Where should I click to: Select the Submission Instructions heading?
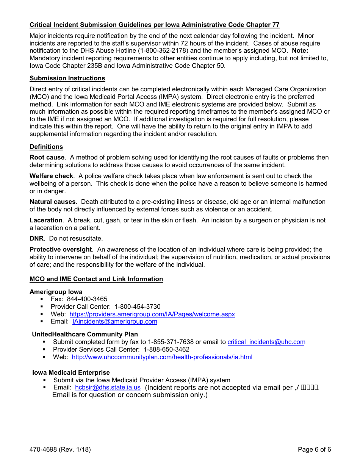(x=67, y=78)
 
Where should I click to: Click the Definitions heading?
(x=46, y=147)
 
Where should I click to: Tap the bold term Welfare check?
(x=51, y=176)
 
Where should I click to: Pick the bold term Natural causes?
(x=52, y=202)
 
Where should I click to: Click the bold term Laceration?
(x=46, y=220)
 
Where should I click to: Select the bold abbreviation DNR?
(x=36, y=239)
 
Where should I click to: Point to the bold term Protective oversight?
(x=61, y=250)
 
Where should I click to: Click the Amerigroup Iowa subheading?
(x=56, y=292)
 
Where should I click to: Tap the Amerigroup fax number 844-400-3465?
(x=87, y=299)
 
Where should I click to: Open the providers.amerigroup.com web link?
(x=152, y=314)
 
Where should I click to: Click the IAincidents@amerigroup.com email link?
(x=114, y=322)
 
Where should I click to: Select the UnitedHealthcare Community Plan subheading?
(x=85, y=335)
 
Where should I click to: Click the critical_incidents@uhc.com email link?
(x=266, y=342)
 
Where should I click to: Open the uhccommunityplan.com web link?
(x=162, y=357)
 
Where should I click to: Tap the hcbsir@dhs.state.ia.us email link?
(x=108, y=388)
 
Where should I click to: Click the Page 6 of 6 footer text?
(x=314, y=450)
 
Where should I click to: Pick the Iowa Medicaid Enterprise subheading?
(x=71, y=373)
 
